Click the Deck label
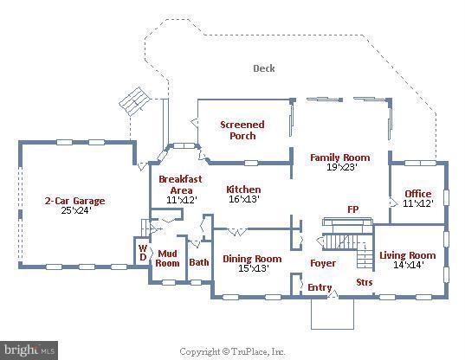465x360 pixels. tap(264, 68)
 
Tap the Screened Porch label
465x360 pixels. tap(242, 130)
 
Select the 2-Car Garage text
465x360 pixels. tap(75, 201)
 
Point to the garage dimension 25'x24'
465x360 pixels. tap(76, 210)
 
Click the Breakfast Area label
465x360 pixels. tap(180, 184)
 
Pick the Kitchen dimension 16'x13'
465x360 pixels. tap(244, 199)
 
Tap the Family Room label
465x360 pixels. tap(339, 157)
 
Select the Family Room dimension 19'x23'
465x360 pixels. tap(341, 167)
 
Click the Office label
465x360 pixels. tap(418, 194)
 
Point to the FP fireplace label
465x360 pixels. tap(353, 209)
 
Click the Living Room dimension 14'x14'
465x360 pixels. tap(409, 265)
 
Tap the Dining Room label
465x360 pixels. tap(252, 259)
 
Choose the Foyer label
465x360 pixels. tap(323, 263)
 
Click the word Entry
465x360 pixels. tap(320, 287)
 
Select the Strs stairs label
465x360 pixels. tap(365, 282)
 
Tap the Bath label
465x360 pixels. tap(199, 262)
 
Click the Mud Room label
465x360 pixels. tap(167, 259)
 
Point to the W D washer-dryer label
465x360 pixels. tap(143, 253)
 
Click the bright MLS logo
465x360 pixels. tap(29, 350)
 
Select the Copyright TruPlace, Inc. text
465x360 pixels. tap(232, 351)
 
